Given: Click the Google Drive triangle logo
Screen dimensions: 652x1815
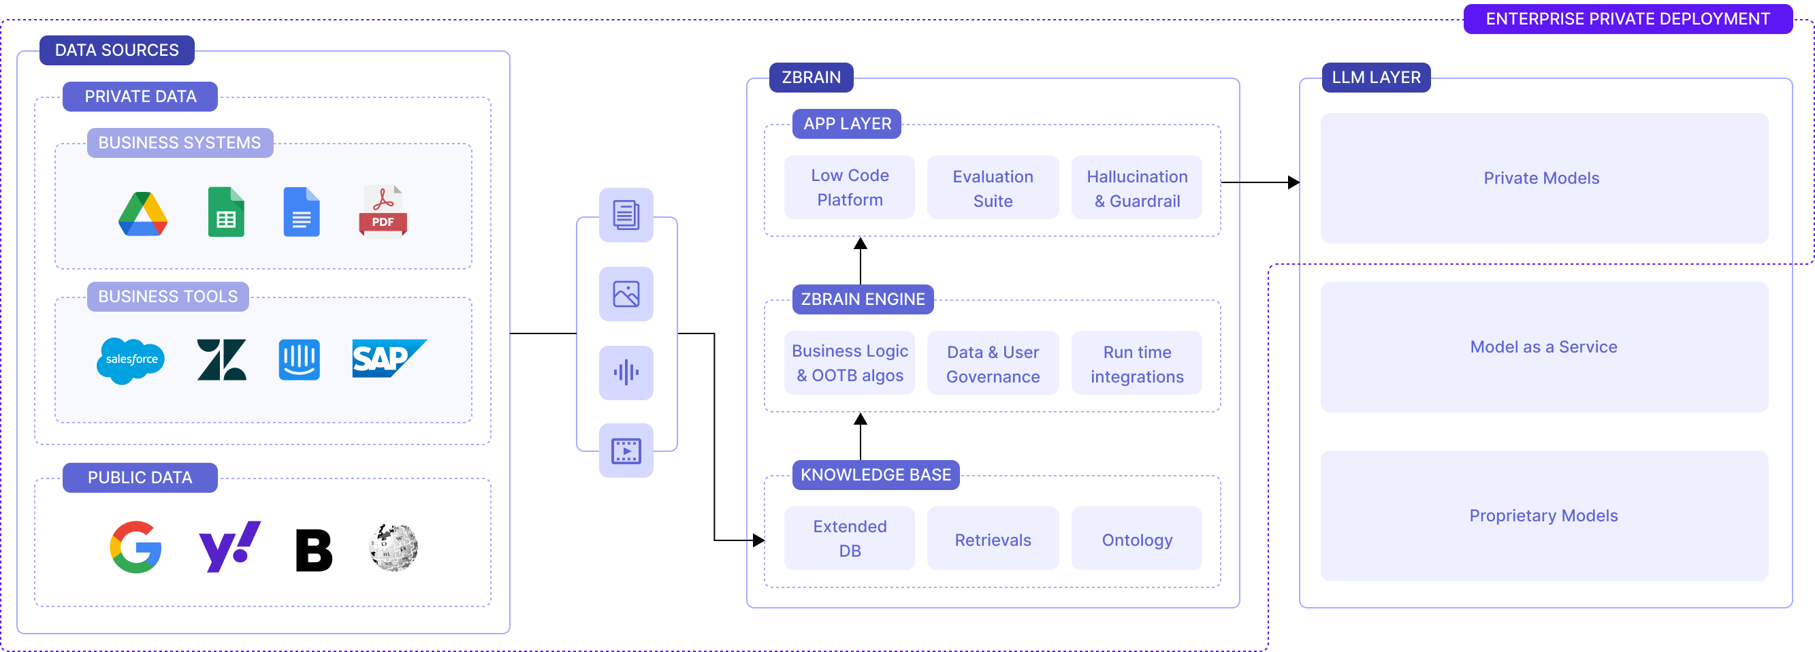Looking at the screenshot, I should point(143,213).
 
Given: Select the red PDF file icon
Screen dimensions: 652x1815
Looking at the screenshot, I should point(383,211).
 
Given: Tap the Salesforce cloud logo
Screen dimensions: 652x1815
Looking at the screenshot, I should point(131,360).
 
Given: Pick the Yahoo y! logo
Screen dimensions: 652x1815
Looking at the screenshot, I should point(229,546).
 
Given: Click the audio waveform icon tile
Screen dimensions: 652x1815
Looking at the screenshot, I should point(626,372).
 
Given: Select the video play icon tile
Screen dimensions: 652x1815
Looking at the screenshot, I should point(626,451).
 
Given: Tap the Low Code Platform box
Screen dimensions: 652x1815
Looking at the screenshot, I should point(849,187).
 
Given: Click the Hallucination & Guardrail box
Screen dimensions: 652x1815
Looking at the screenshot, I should point(1136,188).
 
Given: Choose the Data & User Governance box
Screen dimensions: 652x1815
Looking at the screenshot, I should point(992,363).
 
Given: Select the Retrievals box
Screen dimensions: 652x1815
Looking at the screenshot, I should point(992,539).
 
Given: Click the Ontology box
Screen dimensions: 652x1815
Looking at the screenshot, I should point(1136,539).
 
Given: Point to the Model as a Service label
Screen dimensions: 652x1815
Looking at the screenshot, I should point(1543,346).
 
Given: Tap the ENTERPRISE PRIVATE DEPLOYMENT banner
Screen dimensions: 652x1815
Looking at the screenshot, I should point(1627,19).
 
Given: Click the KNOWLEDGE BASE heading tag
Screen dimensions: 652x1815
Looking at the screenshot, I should point(875,474).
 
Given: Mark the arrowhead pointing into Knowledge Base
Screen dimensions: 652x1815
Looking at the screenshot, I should point(758,540).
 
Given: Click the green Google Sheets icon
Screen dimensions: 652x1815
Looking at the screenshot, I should point(226,212).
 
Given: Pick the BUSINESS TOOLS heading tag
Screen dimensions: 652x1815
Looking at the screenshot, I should point(167,297).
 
